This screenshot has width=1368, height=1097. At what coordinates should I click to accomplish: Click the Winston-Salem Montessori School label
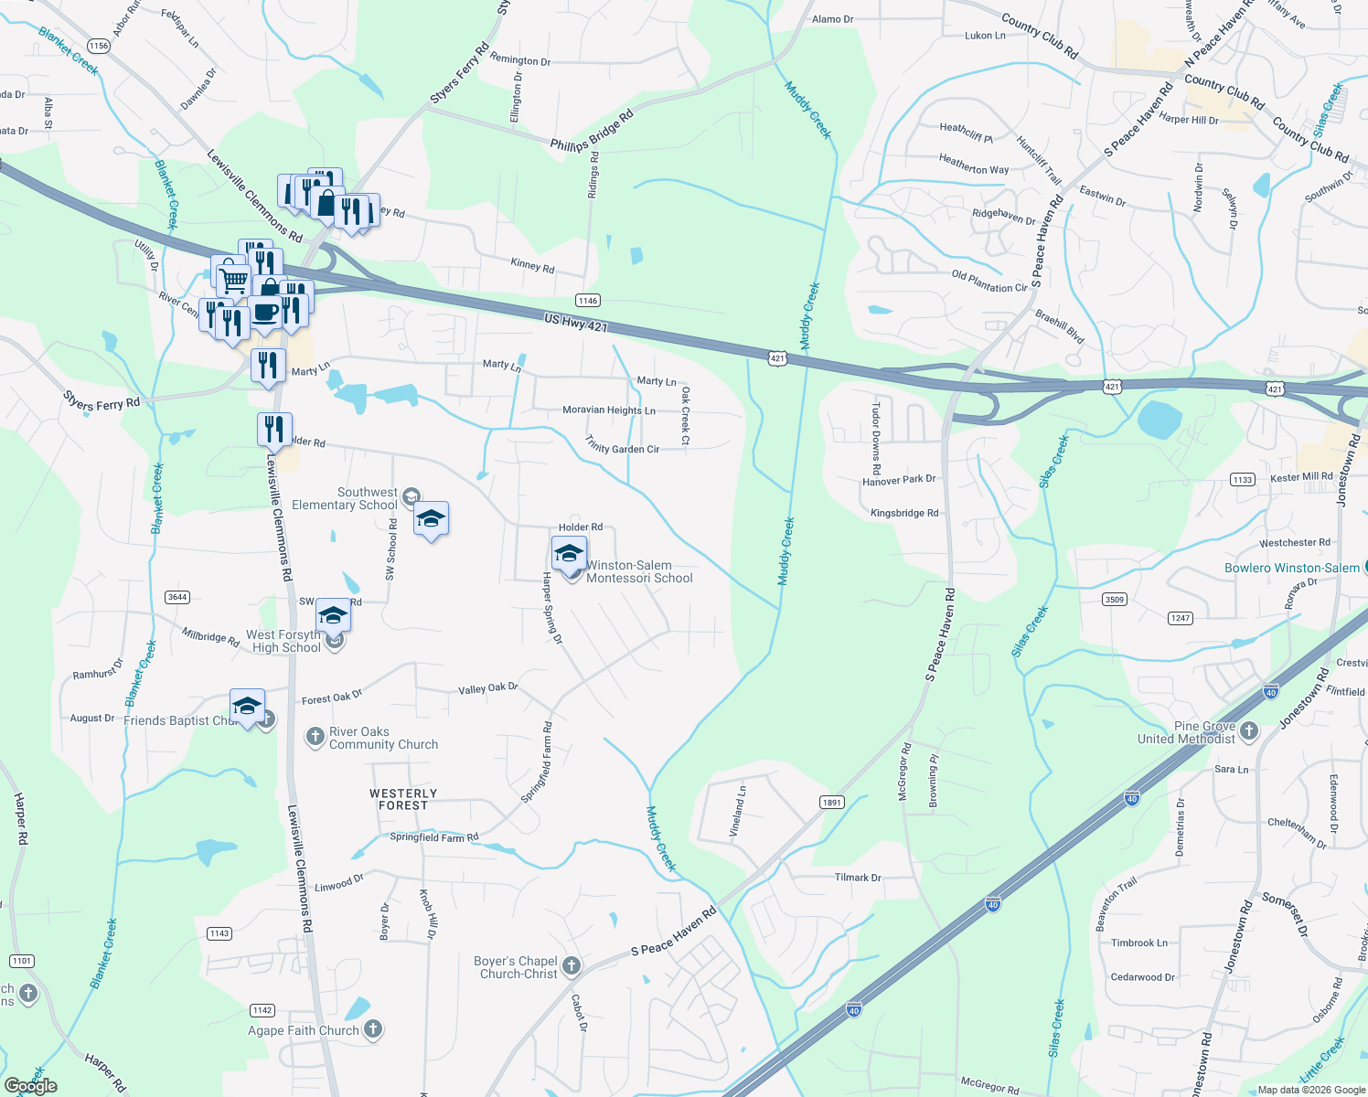tap(639, 571)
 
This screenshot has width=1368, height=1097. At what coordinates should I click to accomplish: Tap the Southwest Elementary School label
tap(345, 498)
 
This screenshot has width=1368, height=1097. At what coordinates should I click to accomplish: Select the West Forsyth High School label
tap(284, 641)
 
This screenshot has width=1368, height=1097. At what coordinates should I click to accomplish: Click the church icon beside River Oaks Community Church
tap(315, 737)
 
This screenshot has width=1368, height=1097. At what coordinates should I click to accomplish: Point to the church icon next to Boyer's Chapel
tap(572, 965)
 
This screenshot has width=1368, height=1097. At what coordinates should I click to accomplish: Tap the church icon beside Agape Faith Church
tap(373, 1029)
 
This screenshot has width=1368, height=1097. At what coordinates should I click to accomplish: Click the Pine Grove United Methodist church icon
tap(1249, 731)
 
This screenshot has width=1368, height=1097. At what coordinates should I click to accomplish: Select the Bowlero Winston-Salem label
tap(1291, 568)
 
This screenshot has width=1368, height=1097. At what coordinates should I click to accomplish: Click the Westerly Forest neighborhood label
tap(403, 799)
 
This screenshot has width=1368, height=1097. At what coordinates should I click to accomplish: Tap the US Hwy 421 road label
tap(575, 322)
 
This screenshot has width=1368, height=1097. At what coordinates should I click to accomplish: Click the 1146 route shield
tap(587, 301)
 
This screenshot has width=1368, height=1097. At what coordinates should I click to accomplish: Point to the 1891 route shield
tap(831, 803)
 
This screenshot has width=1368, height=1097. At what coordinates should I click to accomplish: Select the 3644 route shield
tap(177, 597)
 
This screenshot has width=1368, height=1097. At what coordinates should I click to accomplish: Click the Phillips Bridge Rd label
tap(592, 132)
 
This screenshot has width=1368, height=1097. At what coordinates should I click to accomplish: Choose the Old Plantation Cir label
tap(989, 282)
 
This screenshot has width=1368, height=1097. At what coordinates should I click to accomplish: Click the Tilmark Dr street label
tap(858, 878)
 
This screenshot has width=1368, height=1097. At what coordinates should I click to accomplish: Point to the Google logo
tap(30, 1086)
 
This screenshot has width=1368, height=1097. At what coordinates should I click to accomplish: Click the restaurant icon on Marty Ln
tap(268, 366)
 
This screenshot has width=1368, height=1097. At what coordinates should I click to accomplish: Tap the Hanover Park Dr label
tap(899, 480)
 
